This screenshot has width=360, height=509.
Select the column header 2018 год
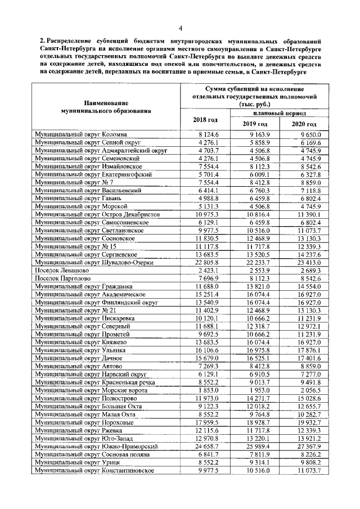click(205, 120)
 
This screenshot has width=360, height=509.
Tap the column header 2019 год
click(256, 124)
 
